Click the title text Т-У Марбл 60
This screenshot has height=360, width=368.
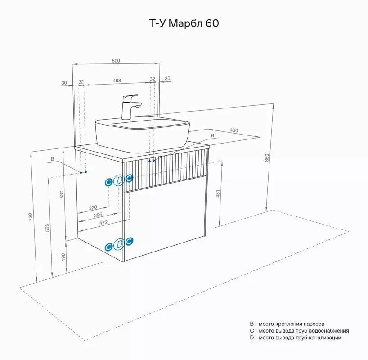pyautogui.click(x=184, y=23)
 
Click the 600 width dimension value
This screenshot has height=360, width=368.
pyautogui.click(x=116, y=61)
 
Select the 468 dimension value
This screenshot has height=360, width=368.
pyautogui.click(x=117, y=80)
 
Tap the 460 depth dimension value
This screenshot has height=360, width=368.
pyautogui.click(x=234, y=130)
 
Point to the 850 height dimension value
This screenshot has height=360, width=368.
pyautogui.click(x=267, y=157)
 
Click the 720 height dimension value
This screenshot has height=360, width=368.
pyautogui.click(x=30, y=217)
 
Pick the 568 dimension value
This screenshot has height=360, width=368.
pyautogui.click(x=47, y=228)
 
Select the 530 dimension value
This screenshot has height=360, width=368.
pyautogui.click(x=62, y=194)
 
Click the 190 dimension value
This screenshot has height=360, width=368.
pyautogui.click(x=63, y=257)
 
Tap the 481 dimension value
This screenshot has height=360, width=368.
pyautogui.click(x=218, y=193)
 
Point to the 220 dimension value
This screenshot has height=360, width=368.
pyautogui.click(x=93, y=207)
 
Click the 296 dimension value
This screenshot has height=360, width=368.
pyautogui.click(x=98, y=215)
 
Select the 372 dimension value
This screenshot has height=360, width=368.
pyautogui.click(x=103, y=223)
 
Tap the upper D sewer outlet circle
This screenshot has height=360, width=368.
pyautogui.click(x=119, y=180)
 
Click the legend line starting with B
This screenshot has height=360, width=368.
pyautogui.click(x=287, y=324)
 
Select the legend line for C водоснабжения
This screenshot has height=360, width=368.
pyautogui.click(x=299, y=331)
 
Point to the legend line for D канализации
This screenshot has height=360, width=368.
pyautogui.click(x=296, y=337)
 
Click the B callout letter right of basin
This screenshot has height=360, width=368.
pyautogui.click(x=212, y=135)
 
